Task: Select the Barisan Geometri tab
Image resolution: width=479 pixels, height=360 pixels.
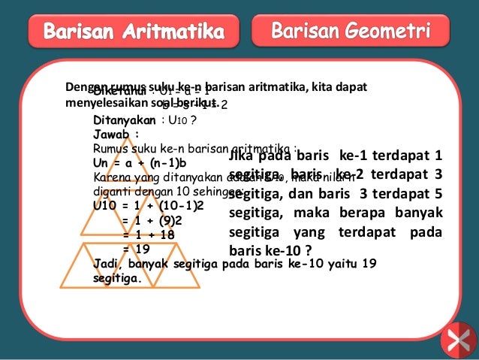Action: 351,32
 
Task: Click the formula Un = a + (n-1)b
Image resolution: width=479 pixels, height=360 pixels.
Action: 140,162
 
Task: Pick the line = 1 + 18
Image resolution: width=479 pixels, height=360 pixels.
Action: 150,234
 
